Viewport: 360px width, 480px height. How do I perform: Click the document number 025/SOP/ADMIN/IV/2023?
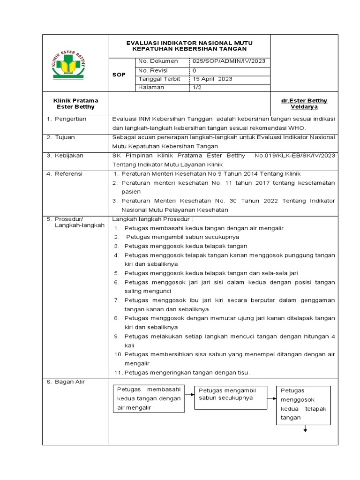point(229,61)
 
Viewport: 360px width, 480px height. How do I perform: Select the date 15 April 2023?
point(212,79)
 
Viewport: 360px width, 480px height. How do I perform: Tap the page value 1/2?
point(196,87)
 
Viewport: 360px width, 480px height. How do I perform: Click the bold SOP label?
point(119,75)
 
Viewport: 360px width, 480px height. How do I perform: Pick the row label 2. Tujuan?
point(60,137)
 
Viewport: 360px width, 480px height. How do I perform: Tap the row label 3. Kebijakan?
point(65,156)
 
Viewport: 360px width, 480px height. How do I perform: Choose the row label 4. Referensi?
point(65,174)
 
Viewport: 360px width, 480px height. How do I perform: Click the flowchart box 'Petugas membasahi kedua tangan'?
point(149,399)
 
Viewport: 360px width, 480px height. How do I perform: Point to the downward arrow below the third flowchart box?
point(305,429)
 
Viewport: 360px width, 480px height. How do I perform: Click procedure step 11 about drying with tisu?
point(182,373)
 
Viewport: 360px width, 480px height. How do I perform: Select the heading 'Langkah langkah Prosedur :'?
point(152,219)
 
